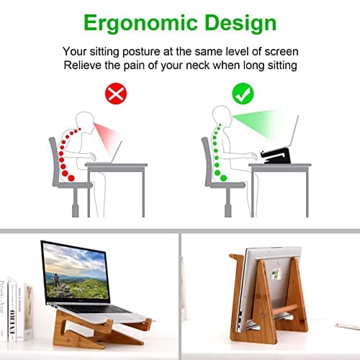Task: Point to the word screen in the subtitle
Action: coord(279,51)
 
